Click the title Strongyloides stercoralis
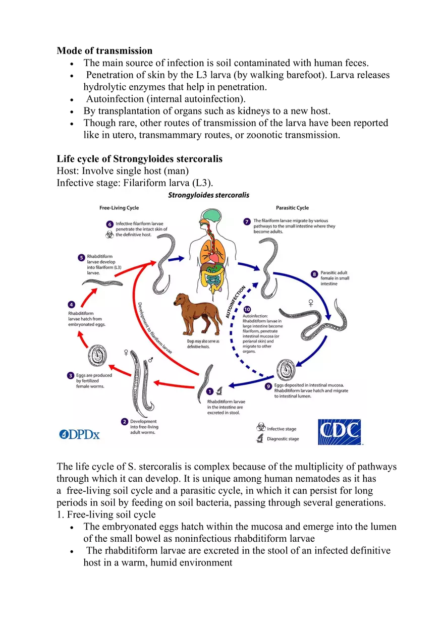click(208, 195)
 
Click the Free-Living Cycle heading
click(119, 208)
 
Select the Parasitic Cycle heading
click(292, 208)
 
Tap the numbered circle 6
click(109, 224)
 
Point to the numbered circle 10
click(247, 309)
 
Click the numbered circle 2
click(124, 421)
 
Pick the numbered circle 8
click(314, 274)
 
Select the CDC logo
click(339, 432)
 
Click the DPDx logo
click(79, 434)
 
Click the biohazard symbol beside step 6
click(109, 235)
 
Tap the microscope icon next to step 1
click(219, 390)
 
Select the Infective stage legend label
click(282, 429)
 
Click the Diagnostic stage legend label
click(283, 439)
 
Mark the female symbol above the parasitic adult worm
click(311, 303)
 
